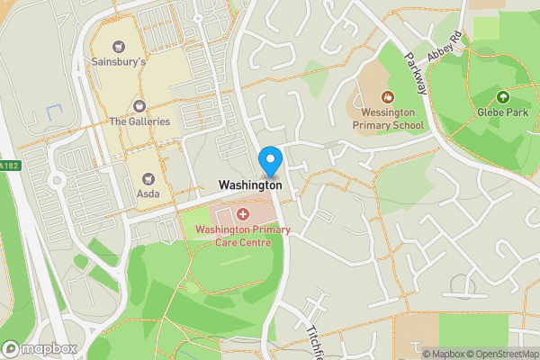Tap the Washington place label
pos(250,184)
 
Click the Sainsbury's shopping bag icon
pos(118,47)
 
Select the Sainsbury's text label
pos(118,63)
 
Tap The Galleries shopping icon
pos(139,106)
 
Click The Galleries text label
pos(139,121)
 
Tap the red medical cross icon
pos(242,214)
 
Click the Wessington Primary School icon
pos(387,96)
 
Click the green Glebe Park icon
pos(502,96)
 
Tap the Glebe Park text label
pos(502,112)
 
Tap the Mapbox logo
pos(40,348)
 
